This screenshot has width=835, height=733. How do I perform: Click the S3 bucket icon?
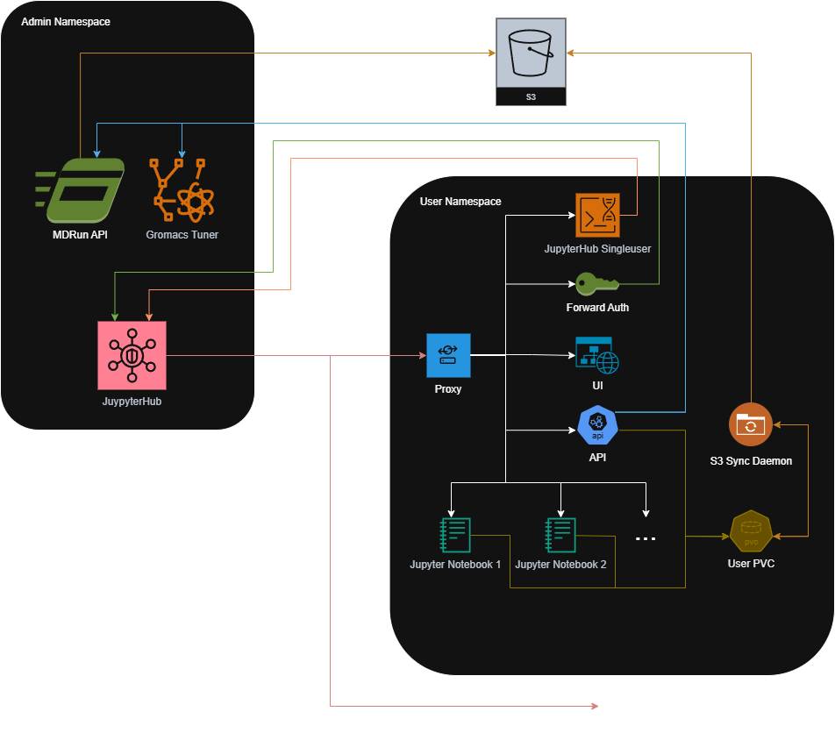pos(531,53)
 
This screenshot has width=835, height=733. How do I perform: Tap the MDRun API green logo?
pos(80,190)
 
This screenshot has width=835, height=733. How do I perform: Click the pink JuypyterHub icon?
pos(132,355)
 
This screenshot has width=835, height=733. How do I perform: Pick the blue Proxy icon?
pos(448,355)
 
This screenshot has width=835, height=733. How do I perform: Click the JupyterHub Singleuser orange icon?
pos(597,215)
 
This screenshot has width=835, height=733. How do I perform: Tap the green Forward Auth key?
pos(597,283)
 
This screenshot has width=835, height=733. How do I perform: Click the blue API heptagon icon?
pos(598,426)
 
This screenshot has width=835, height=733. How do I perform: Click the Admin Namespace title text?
pos(66,21)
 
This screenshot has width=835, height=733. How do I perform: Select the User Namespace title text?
pos(460,202)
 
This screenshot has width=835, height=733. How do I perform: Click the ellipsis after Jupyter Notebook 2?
pos(646,538)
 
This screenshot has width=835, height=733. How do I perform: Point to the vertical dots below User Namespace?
pos(603,705)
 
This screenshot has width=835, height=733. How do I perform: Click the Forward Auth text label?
pos(597,308)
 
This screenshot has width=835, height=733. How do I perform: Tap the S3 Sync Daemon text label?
pos(751,460)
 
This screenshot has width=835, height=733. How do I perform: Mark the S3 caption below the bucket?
pos(531,97)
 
